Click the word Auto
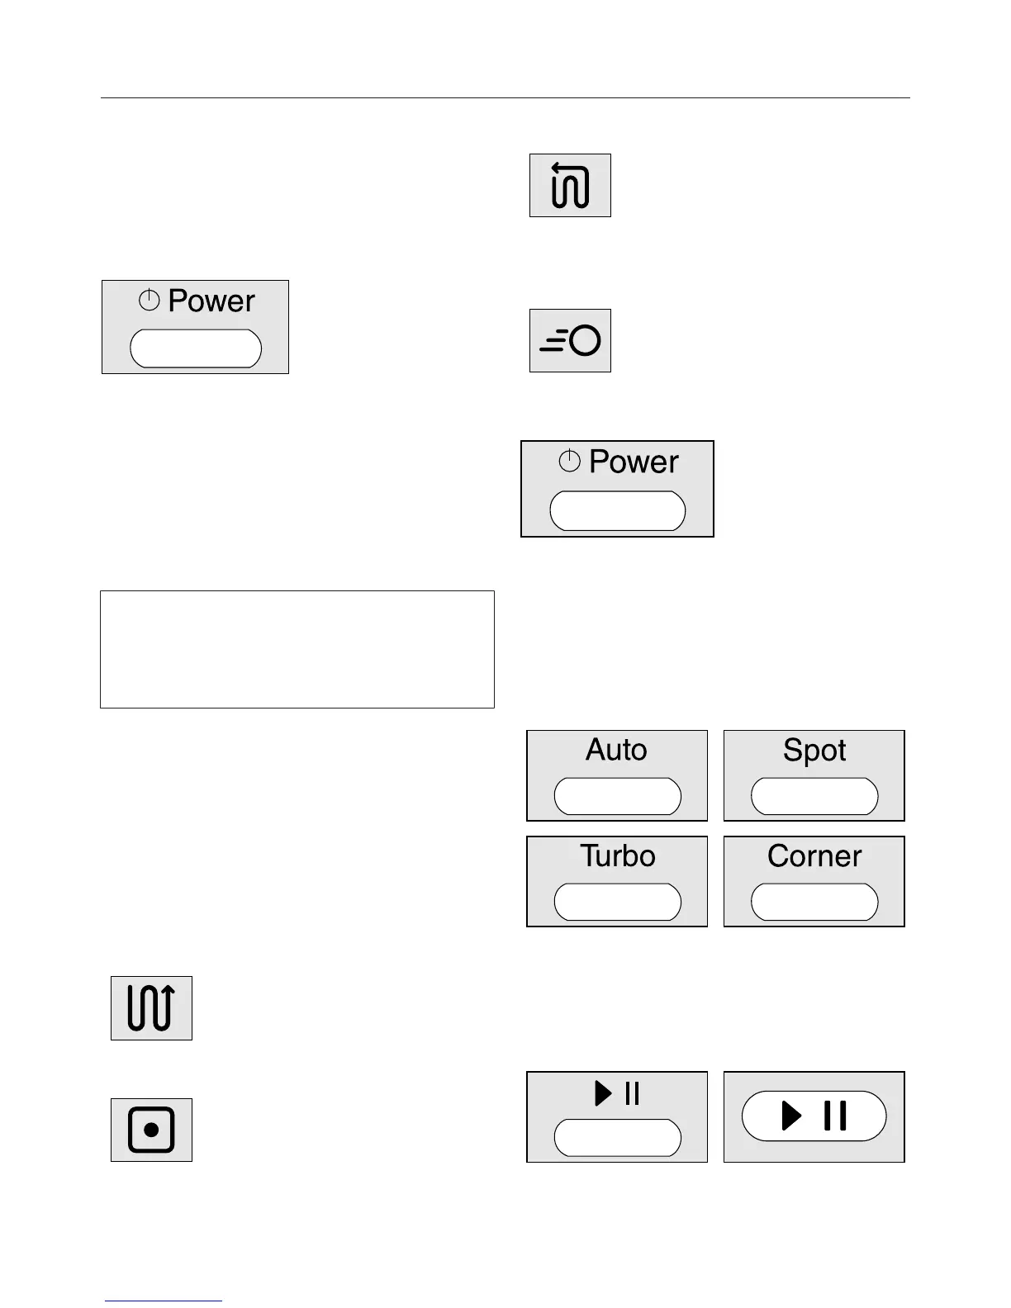point(616,750)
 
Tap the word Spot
point(814,751)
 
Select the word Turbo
point(617,855)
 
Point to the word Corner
point(814,855)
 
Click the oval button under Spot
point(814,796)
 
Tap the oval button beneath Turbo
point(617,902)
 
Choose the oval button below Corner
point(814,902)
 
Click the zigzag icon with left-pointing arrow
point(570,185)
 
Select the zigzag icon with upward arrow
point(151,1007)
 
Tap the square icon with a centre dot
point(151,1130)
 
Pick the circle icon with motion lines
point(570,340)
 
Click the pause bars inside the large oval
point(835,1116)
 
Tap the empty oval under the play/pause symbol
point(617,1138)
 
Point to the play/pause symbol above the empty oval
point(617,1093)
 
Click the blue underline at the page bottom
point(164,1301)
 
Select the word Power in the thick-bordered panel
point(634,462)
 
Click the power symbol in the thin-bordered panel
point(150,301)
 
